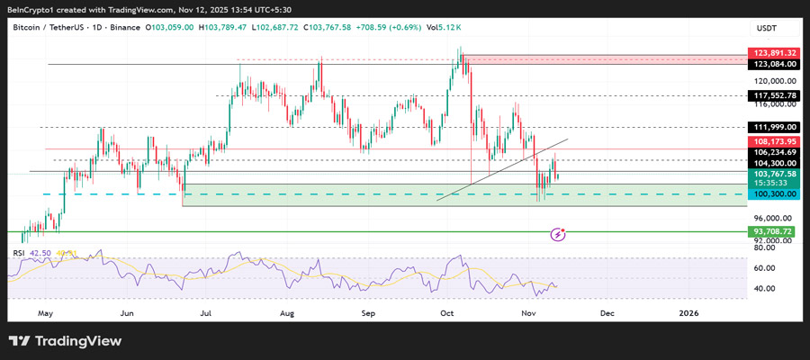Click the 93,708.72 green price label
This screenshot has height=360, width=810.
pyautogui.click(x=773, y=231)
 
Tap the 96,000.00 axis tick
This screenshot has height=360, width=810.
pyautogui.click(x=773, y=218)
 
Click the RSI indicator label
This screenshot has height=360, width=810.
pyautogui.click(x=19, y=253)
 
